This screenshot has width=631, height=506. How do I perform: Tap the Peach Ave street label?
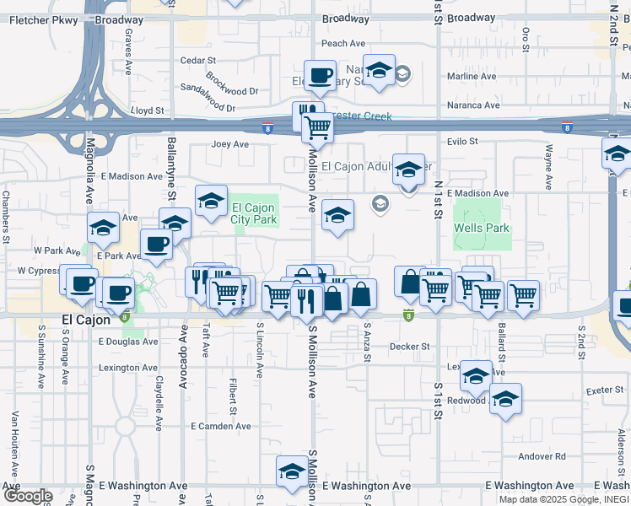(x=343, y=44)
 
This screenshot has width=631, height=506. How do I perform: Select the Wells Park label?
(x=482, y=229)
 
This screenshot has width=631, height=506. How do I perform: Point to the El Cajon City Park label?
(x=254, y=214)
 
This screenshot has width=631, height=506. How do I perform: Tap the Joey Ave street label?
(x=230, y=144)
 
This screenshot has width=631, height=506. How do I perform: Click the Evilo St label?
(x=462, y=142)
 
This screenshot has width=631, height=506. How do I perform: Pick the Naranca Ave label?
(x=473, y=105)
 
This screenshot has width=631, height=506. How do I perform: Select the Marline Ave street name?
(x=477, y=77)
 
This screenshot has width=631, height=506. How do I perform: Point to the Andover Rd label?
(x=542, y=456)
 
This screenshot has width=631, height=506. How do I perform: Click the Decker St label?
(x=410, y=347)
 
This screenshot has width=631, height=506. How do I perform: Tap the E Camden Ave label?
(x=221, y=427)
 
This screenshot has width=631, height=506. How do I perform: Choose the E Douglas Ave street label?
(x=128, y=342)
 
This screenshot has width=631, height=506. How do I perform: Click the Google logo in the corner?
(x=27, y=496)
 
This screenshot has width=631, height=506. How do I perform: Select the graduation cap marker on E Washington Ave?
(x=292, y=471)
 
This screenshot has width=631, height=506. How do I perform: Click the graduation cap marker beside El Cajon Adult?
(x=408, y=171)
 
